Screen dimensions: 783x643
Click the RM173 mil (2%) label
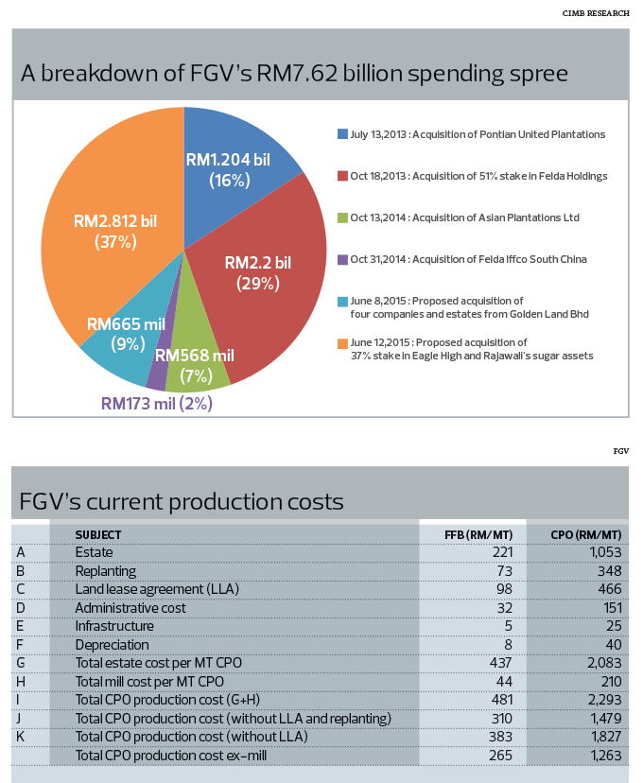pos(157,404)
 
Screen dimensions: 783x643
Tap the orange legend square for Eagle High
pos(342,342)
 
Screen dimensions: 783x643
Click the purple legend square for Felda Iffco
pos(342,259)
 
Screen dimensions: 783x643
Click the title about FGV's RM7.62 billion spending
pos(294,73)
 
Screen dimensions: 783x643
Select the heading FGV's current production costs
pos(182,500)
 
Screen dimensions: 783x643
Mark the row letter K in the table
pos(21,737)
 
